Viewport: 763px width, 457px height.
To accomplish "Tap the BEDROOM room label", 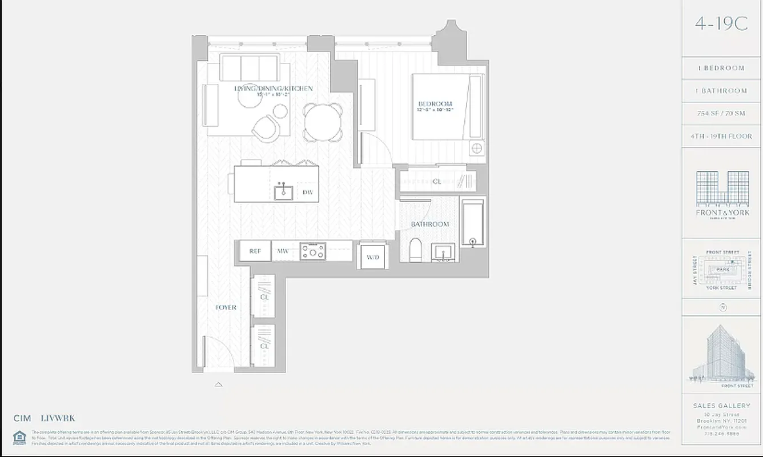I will point(435,104).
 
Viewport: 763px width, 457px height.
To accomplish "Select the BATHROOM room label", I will point(430,225).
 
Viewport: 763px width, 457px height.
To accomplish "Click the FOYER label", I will point(226,307).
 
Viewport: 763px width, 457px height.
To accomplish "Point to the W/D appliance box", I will point(373,257).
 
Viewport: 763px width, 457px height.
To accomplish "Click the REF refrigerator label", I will point(255,251).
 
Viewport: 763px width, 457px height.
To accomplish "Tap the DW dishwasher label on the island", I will point(308,193).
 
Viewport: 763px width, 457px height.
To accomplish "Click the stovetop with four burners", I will point(313,251).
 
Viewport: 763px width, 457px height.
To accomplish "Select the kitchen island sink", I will point(283,192).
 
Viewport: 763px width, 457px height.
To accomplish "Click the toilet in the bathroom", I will point(416,250).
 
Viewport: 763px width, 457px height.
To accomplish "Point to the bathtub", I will point(472,222).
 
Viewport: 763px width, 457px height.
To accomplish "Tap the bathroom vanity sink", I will point(443,251).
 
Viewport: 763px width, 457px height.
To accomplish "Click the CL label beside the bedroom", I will point(437,182).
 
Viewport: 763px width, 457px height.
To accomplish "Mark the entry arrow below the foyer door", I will point(218,384).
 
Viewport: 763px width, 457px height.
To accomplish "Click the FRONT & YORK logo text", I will point(722,213).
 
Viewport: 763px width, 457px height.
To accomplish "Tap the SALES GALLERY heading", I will point(721,406).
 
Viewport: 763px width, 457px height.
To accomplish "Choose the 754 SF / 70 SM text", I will point(721,114).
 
